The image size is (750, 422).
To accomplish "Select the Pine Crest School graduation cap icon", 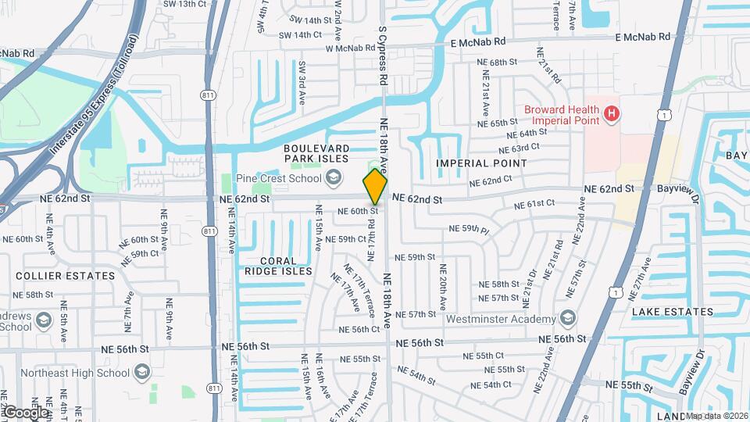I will [x=334, y=178].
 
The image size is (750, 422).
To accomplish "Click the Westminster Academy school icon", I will [x=568, y=318].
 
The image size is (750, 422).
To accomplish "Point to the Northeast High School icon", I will [x=141, y=373].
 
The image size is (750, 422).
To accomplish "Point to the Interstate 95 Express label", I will [x=86, y=113].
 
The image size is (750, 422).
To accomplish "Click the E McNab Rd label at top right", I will [x=642, y=37].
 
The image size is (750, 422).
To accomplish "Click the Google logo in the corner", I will [x=25, y=412].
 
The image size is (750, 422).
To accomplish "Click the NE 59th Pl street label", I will [x=469, y=230].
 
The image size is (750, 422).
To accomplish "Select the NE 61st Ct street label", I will [x=534, y=204].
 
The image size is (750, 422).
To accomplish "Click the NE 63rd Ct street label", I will [x=519, y=147].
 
